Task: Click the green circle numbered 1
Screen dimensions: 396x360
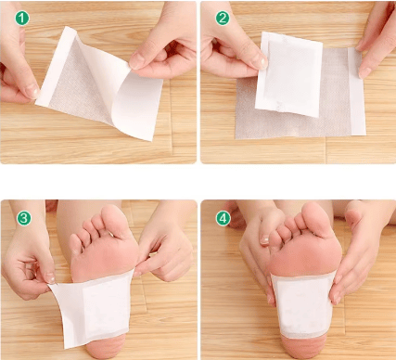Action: point(22,18)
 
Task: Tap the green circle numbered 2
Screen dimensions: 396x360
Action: point(223,18)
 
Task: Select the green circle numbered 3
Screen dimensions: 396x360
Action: point(24,218)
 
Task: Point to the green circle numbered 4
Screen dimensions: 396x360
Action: point(224,218)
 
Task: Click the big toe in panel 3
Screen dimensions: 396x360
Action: point(113,220)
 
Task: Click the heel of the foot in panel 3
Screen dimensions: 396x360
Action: point(105,346)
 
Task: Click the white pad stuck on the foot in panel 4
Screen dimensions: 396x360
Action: point(303,305)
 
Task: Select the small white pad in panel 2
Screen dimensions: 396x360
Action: point(288,74)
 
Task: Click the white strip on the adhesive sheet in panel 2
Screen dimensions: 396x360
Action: point(356,92)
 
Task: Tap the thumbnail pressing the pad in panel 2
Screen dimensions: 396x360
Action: point(262,62)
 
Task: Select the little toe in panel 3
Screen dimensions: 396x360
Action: point(75,244)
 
